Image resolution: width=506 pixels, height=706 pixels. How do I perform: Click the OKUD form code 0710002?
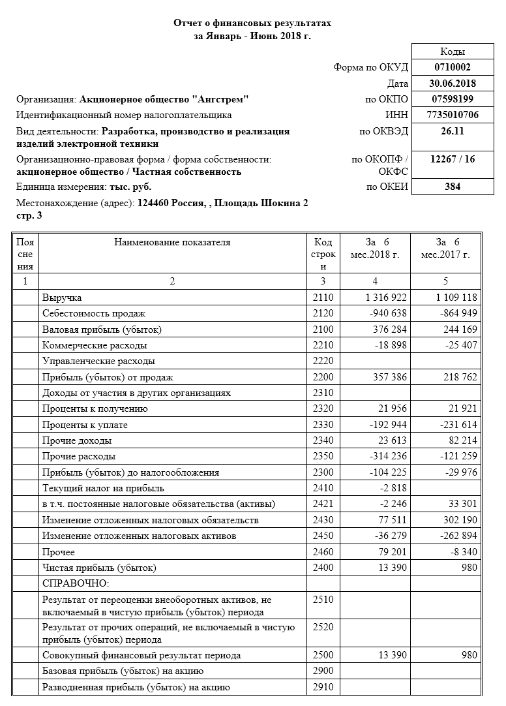click(453, 67)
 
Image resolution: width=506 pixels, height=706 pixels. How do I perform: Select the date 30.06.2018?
click(453, 83)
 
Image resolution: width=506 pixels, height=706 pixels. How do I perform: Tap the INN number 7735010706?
click(453, 115)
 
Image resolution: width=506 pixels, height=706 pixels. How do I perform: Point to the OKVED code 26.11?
click(453, 131)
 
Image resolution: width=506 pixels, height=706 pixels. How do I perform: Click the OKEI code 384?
click(453, 187)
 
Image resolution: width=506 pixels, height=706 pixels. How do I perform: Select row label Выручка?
click(62, 298)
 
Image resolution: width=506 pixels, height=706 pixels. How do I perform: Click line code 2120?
click(323, 314)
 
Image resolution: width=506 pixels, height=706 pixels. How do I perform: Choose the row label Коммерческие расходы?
click(95, 345)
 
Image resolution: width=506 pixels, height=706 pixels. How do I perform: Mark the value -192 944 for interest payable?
click(388, 425)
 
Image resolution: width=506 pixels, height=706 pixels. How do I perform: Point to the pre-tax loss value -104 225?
click(388, 472)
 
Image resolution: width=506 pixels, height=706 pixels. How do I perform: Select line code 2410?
click(323, 488)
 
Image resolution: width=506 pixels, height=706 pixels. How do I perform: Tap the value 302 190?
click(458, 520)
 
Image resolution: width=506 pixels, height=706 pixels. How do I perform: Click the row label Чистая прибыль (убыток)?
click(99, 568)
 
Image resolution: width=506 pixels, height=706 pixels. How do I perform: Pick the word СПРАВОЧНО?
click(76, 583)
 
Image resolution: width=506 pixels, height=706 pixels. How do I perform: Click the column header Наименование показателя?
click(172, 243)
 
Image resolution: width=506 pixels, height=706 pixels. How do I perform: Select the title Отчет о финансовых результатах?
click(252, 23)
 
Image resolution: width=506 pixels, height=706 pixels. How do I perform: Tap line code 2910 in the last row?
click(323, 687)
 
